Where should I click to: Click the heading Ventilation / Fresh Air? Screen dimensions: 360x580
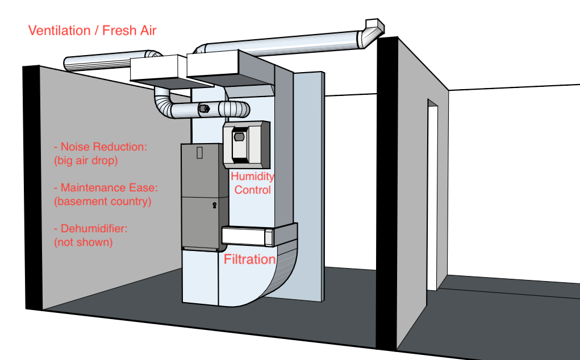tap(92, 30)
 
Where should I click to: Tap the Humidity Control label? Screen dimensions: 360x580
tap(252, 183)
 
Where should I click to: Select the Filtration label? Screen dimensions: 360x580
tap(249, 260)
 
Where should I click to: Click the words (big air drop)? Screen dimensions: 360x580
tap(86, 161)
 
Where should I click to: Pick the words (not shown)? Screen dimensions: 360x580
tap(83, 242)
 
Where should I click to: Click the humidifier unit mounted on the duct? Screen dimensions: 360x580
tap(245, 144)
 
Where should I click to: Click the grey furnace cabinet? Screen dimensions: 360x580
tap(201, 196)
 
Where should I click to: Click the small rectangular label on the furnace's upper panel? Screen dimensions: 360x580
tap(199, 153)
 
